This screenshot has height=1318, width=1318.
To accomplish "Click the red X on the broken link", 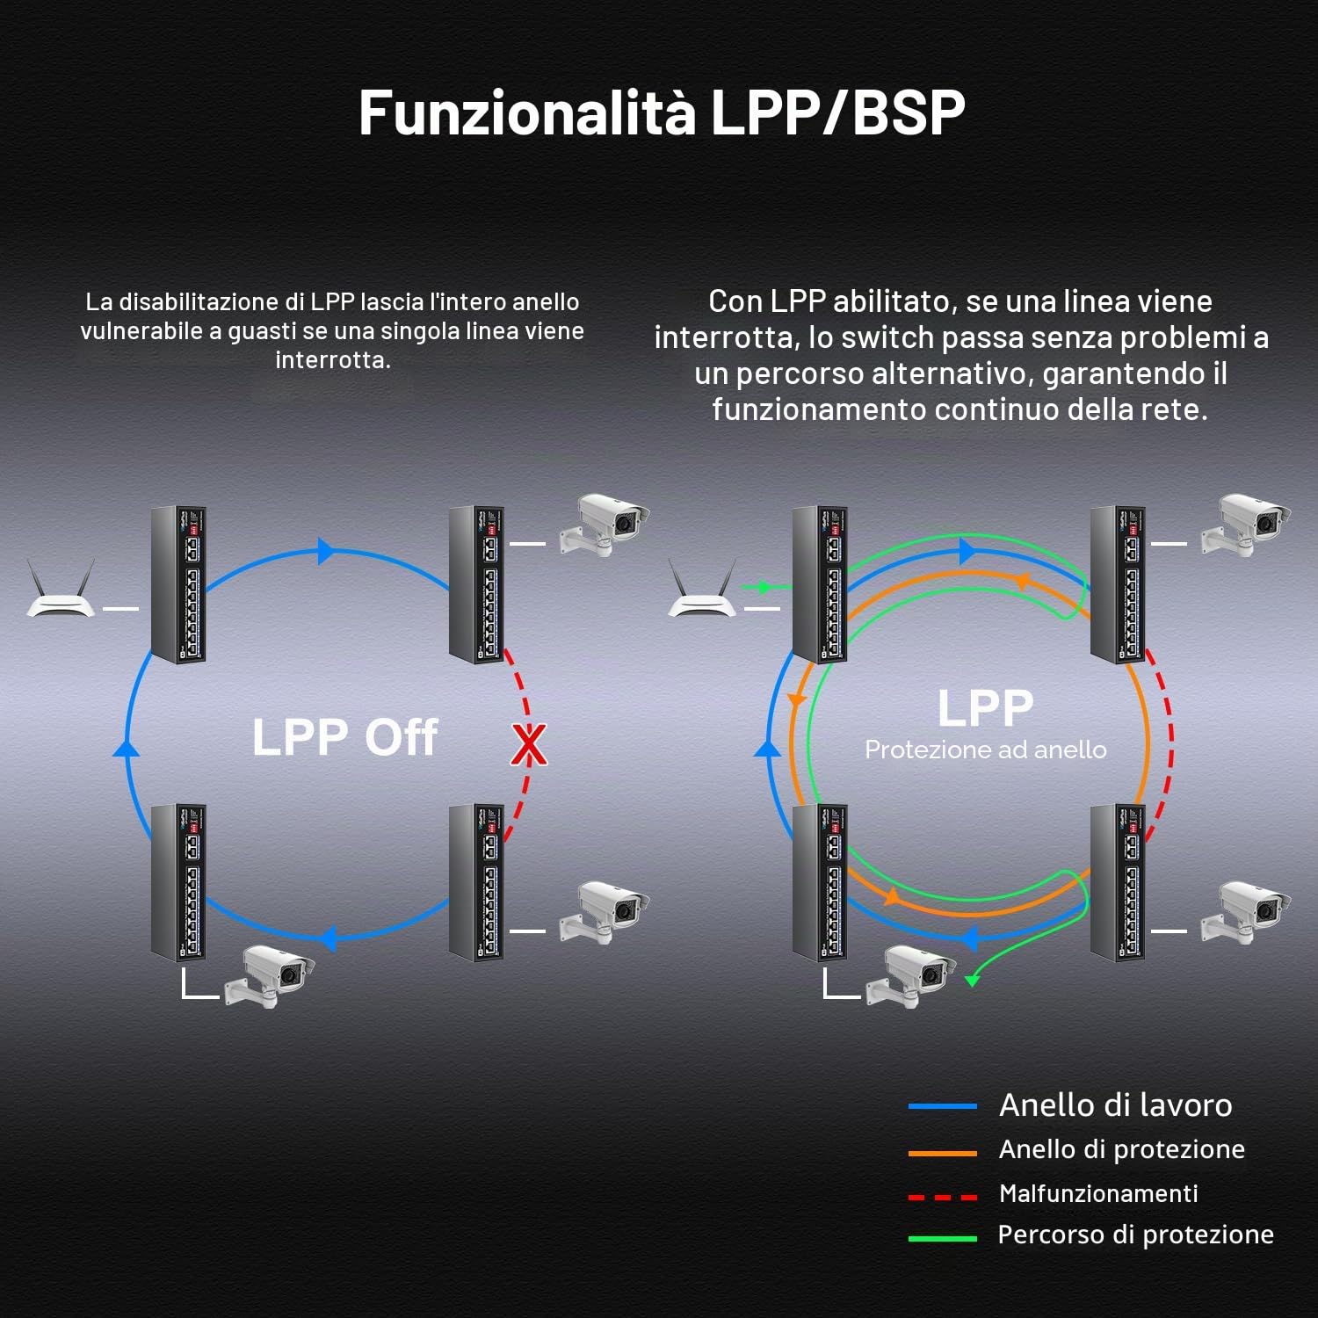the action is [529, 744].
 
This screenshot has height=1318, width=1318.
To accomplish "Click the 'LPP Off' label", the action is [344, 736].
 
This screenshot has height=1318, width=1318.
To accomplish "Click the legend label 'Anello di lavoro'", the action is [1115, 1104].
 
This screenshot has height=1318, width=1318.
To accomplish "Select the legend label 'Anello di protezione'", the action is [1122, 1149].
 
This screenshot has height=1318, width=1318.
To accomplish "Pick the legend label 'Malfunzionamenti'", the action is [1098, 1193].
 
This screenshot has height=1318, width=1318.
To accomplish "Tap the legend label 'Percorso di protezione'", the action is [1135, 1235].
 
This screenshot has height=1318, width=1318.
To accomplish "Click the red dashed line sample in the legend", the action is [943, 1197].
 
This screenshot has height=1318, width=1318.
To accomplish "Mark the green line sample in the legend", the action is [943, 1238].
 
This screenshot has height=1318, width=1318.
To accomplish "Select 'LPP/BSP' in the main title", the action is [837, 112].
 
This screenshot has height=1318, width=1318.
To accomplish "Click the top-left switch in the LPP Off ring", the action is [178, 584].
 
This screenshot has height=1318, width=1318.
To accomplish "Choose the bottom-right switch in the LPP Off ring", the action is [477, 882].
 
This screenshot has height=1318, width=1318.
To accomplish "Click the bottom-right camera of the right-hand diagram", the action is [1248, 912].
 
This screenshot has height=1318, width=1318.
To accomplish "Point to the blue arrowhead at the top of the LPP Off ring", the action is [326, 551].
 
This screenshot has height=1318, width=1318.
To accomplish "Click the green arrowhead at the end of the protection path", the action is [972, 981].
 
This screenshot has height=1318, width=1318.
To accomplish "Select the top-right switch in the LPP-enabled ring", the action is [1119, 584].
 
